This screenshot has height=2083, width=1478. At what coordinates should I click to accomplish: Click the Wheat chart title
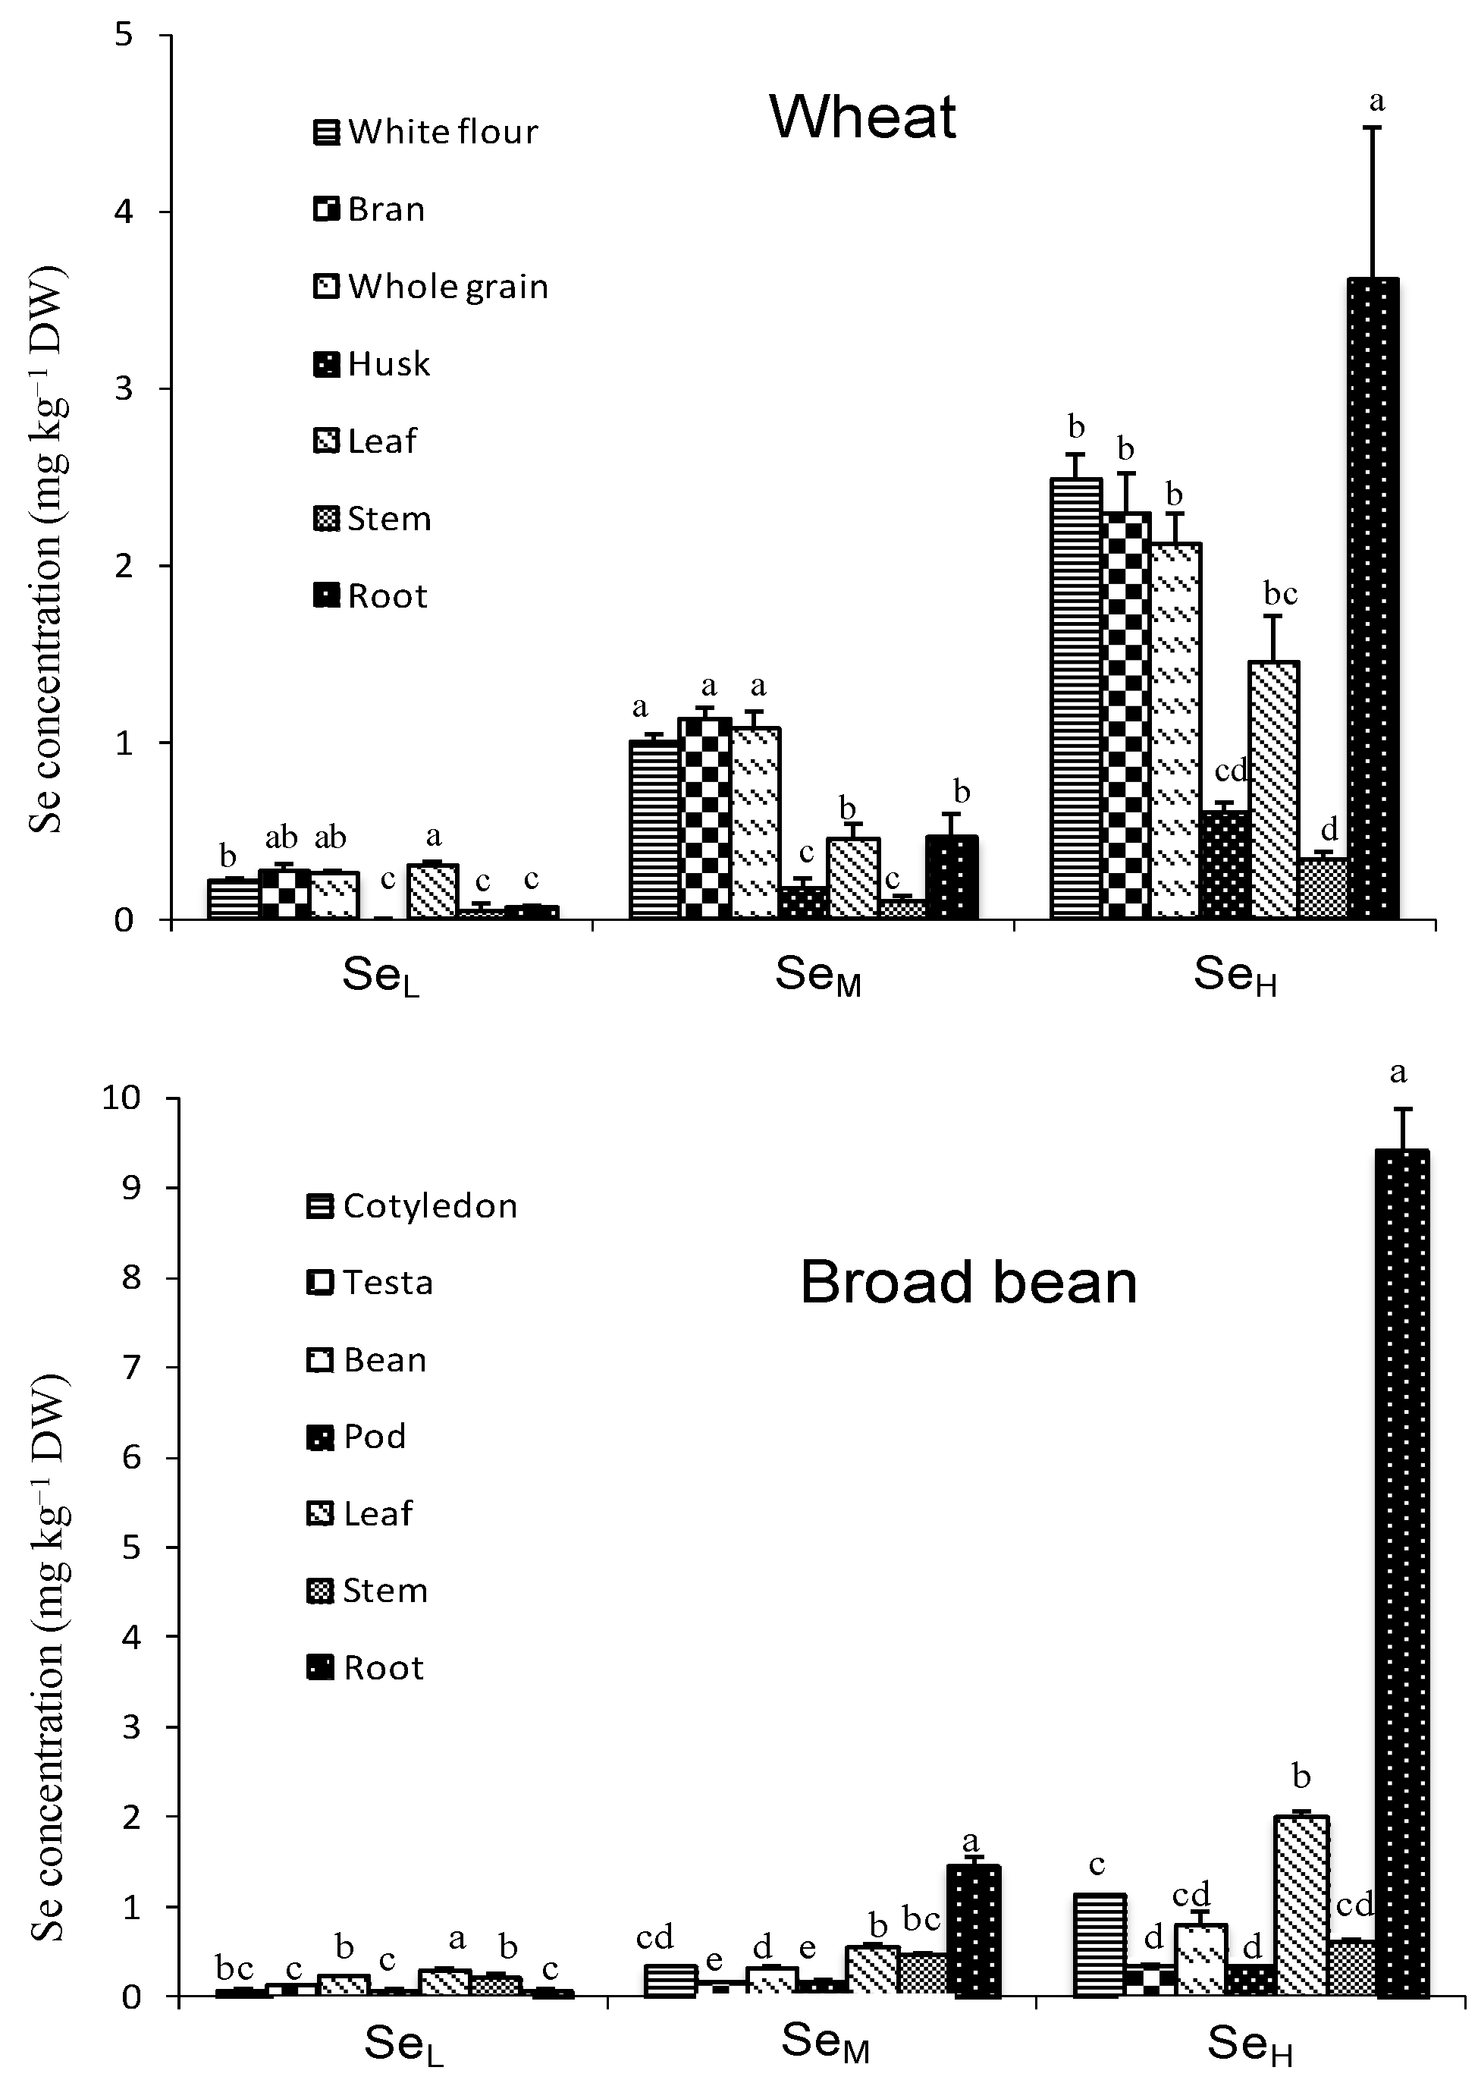point(863,117)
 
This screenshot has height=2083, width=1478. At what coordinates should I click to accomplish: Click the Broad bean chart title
point(968,1283)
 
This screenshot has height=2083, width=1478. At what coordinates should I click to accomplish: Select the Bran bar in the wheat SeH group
point(1126,715)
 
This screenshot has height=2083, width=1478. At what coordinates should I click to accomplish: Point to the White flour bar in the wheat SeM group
point(654,829)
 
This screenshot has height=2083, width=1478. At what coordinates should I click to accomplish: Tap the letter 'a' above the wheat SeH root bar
point(1376,101)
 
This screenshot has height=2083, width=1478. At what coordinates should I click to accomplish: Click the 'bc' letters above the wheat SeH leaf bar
point(1279,595)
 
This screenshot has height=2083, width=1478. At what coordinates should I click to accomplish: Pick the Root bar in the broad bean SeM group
point(973,1929)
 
